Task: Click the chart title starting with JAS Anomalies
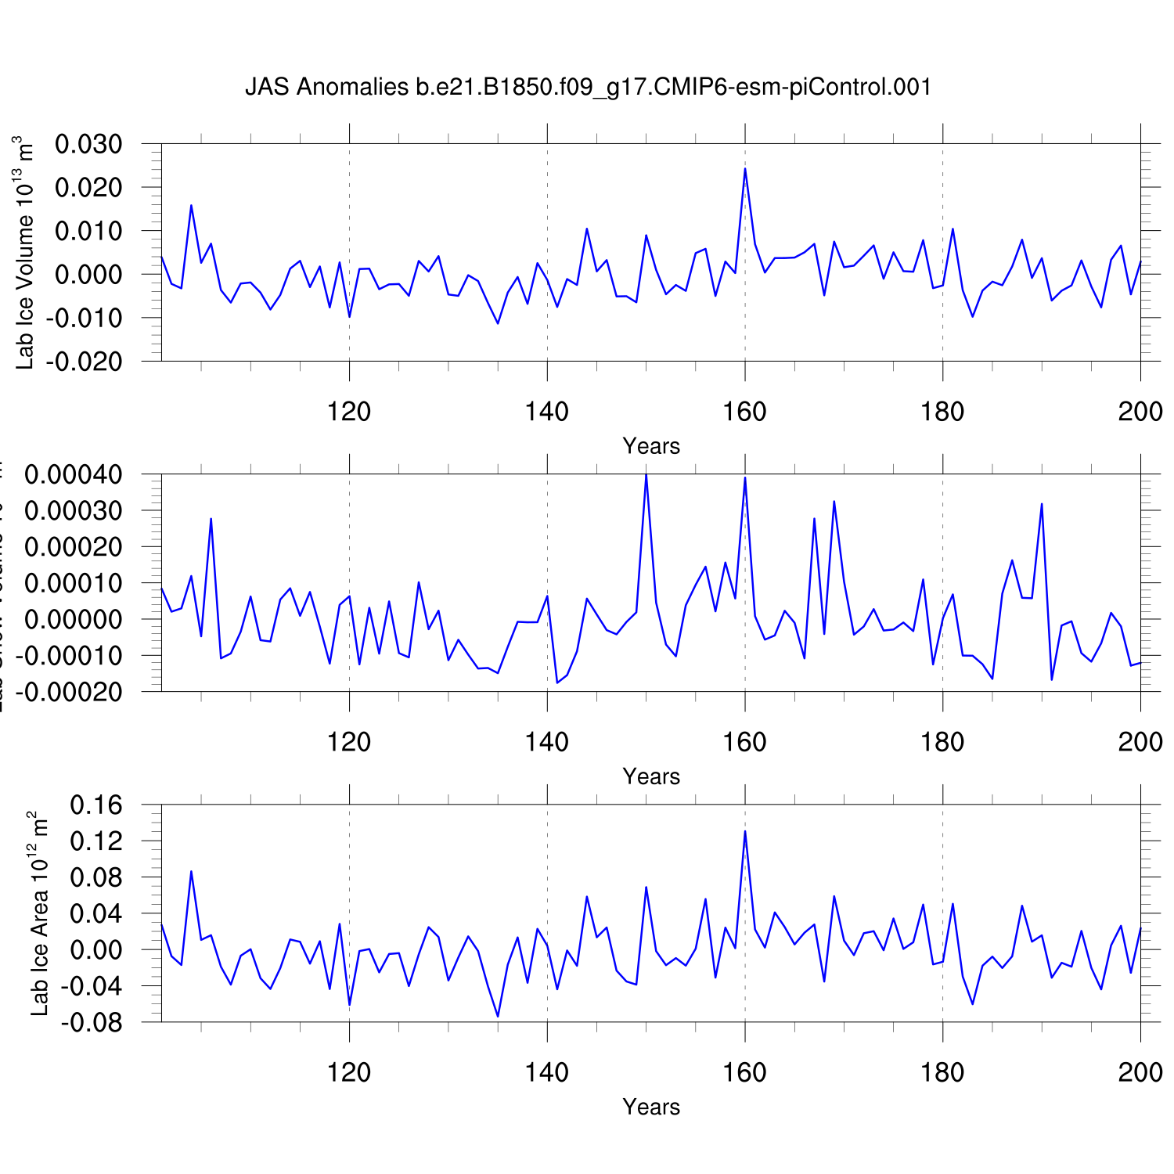pos(588,87)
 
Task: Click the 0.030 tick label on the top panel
pos(88,145)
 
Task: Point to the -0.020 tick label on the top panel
pos(85,362)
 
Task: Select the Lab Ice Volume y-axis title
pos(25,253)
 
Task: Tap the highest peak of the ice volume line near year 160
pos(745,169)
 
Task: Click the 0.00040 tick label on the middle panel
pos(74,475)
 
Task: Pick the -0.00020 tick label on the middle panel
pos(70,692)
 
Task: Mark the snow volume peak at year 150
pos(646,474)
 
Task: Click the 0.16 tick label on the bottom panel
pos(96,805)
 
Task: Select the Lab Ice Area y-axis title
pos(39,913)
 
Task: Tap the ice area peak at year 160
pos(745,831)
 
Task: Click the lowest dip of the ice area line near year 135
pos(498,1016)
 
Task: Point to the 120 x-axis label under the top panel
pos(349,411)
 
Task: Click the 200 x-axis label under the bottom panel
pos(1140,1071)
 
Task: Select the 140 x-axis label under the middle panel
pos(547,741)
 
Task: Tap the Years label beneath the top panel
pos(651,446)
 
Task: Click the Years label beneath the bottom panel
pos(651,1107)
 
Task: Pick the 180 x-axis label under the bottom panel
pos(942,1071)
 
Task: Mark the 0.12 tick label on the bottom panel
pos(96,841)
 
